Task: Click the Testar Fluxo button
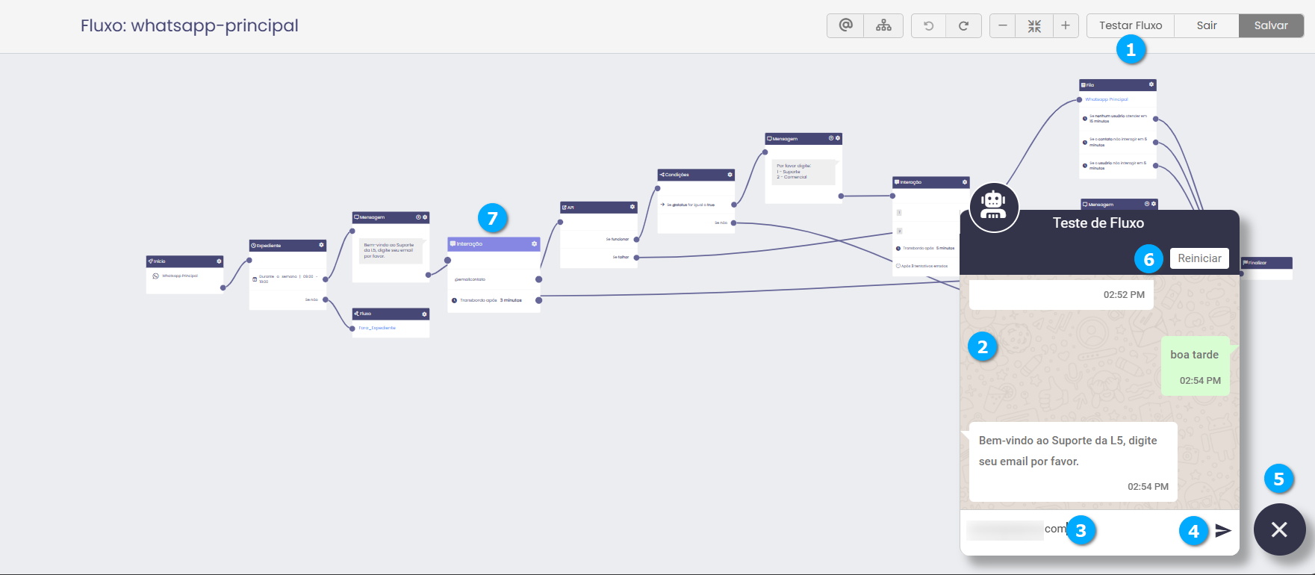1130,25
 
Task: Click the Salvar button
1271,25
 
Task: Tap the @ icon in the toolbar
845,25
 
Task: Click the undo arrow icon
928,25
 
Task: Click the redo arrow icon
963,25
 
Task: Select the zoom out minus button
1003,25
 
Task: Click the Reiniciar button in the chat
1199,258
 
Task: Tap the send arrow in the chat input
1222,530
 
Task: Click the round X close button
1279,529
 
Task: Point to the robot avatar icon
993,207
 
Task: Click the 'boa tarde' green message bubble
1195,366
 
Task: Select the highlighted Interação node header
493,244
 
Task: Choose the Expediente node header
287,246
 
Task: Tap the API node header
598,208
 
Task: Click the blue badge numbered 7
492,218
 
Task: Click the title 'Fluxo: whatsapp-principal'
190,25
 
